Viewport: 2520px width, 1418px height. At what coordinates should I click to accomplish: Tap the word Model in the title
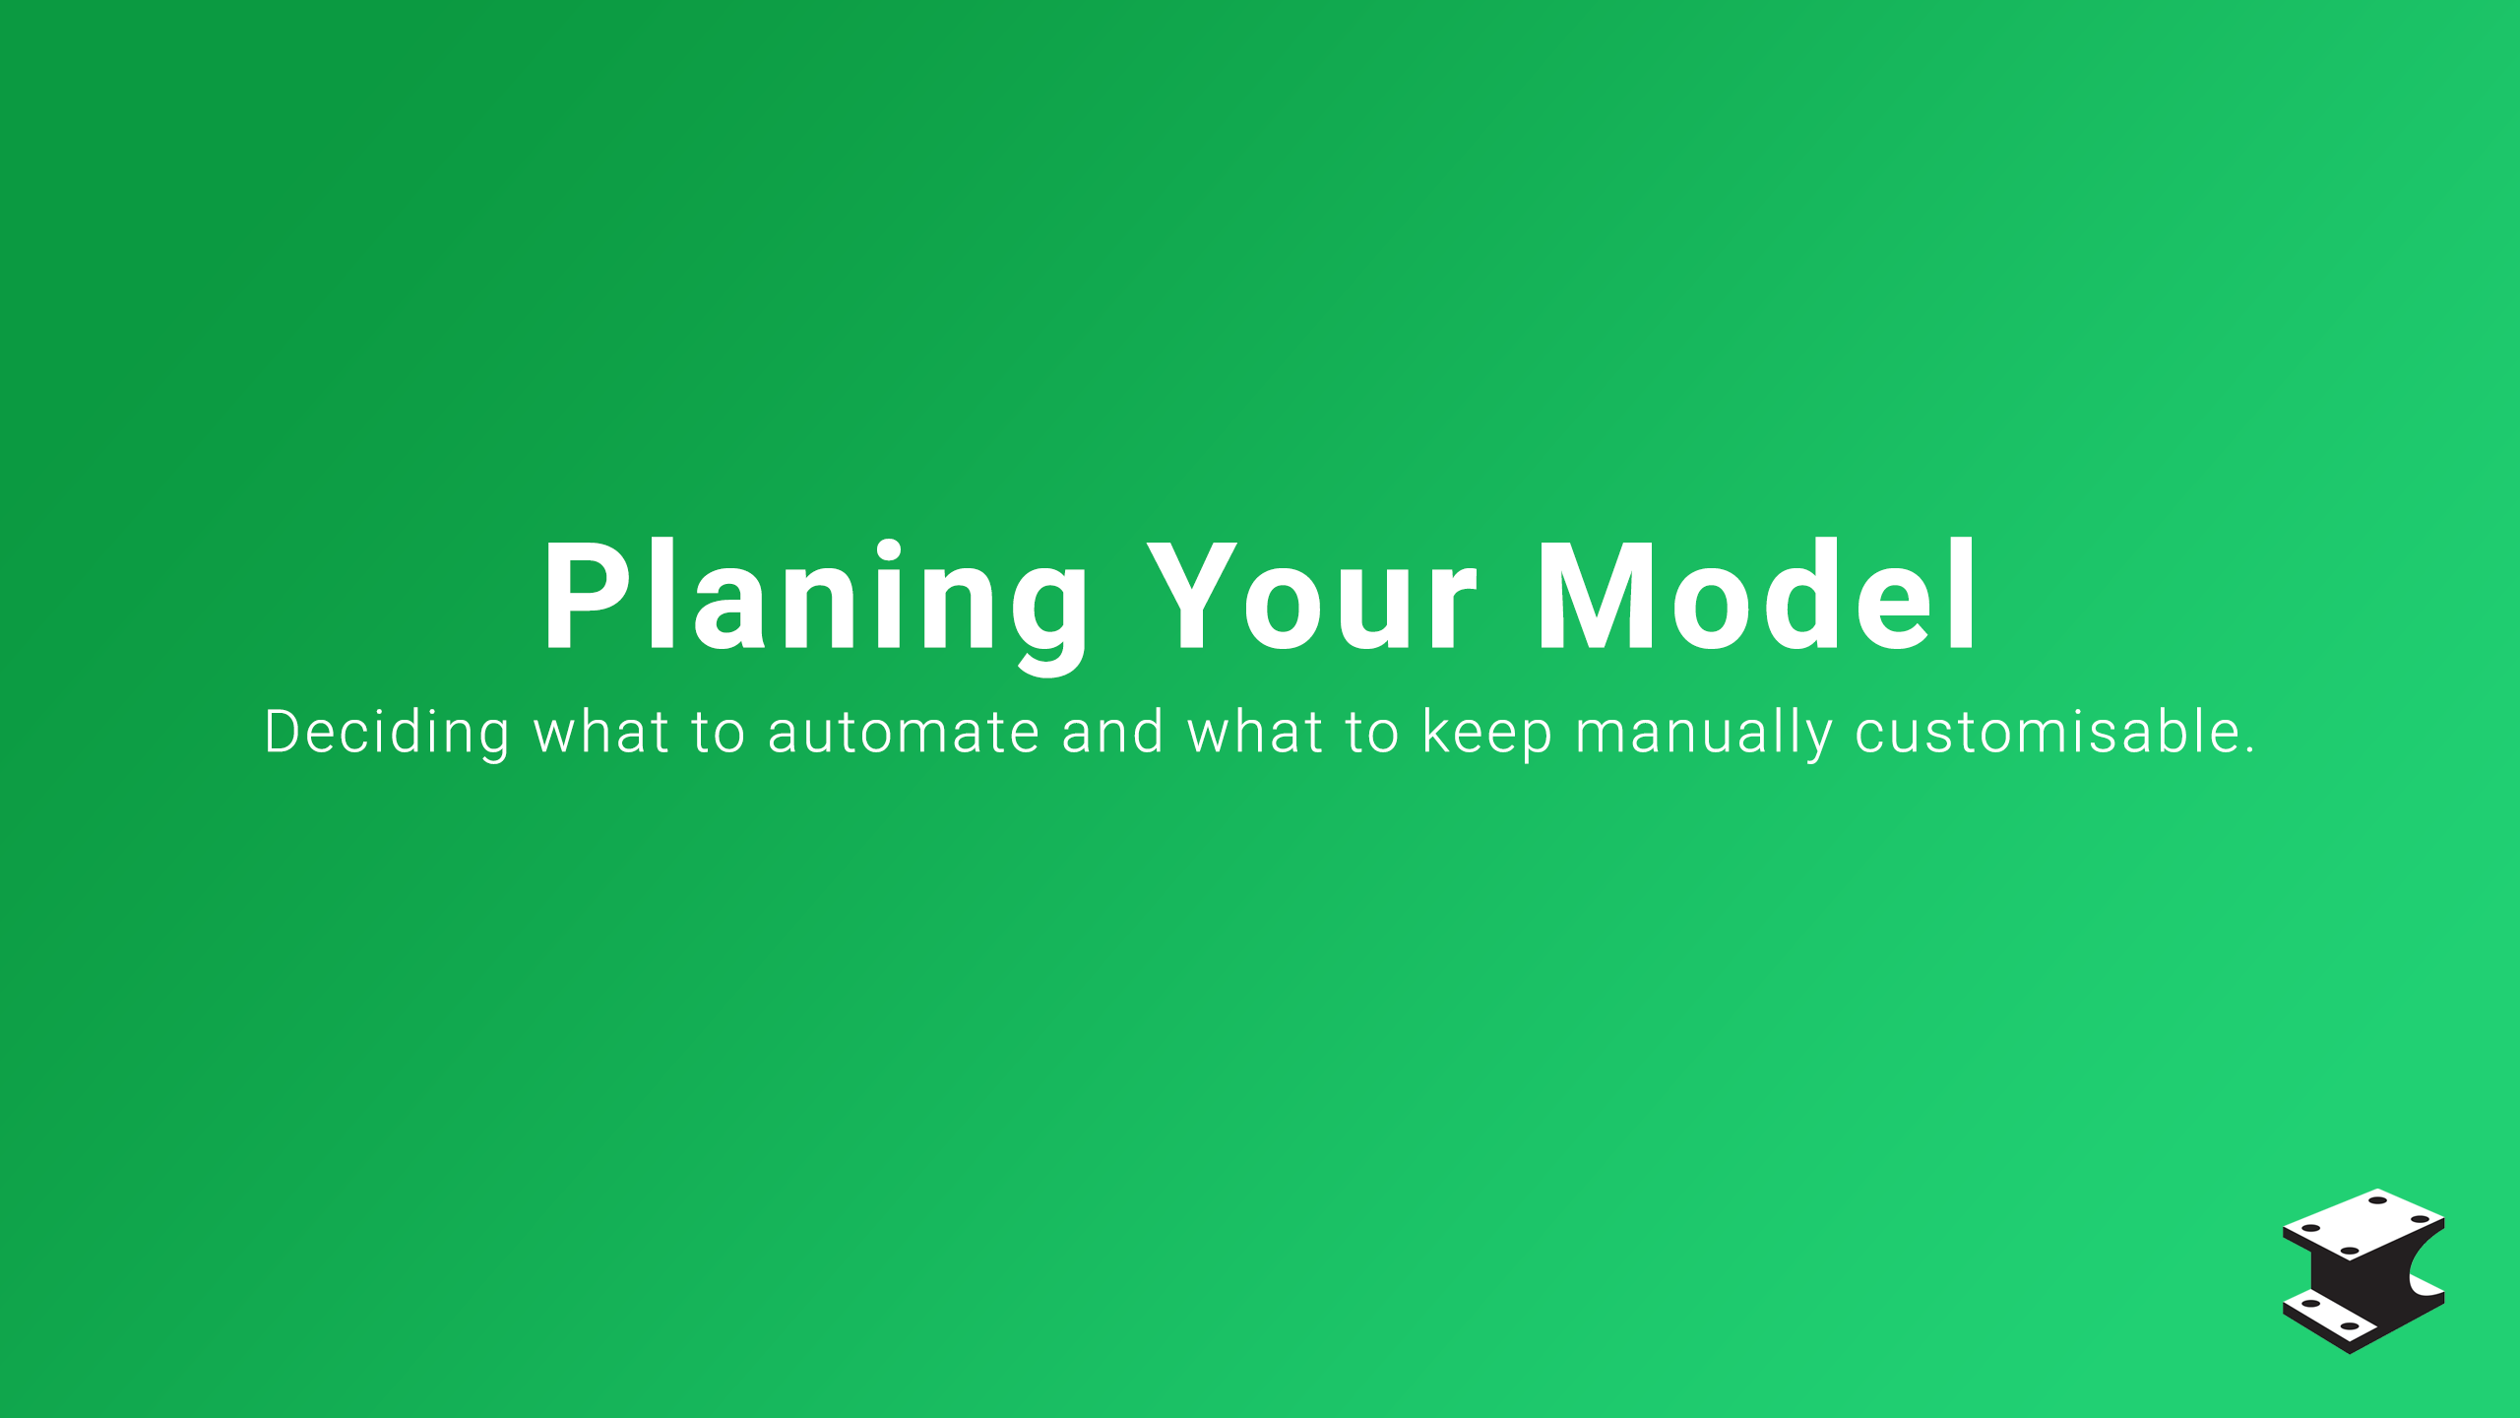(x=1756, y=596)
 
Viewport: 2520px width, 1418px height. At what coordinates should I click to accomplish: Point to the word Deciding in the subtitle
(x=387, y=734)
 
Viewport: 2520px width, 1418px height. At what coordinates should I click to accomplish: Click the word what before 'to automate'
(x=601, y=732)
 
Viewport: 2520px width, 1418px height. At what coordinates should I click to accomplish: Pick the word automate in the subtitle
(x=903, y=734)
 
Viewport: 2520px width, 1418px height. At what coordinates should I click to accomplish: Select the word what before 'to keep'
(x=1255, y=732)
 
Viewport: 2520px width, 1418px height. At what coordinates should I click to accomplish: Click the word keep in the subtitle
(x=1487, y=735)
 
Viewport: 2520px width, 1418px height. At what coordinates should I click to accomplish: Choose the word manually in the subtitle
(x=1704, y=735)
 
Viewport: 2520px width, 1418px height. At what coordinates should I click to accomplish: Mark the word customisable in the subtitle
(x=2048, y=732)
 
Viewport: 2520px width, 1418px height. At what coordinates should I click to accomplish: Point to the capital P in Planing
(x=587, y=596)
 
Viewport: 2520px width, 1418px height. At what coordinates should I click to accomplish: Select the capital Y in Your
(x=1192, y=596)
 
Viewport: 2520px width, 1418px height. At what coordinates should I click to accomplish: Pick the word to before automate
(x=718, y=734)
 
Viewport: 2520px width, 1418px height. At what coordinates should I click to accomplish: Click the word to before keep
(x=1372, y=734)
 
